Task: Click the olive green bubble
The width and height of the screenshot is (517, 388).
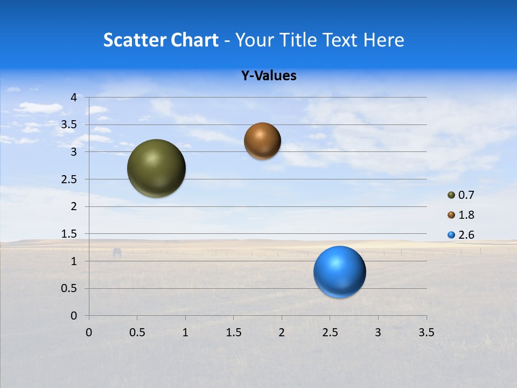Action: coord(157,168)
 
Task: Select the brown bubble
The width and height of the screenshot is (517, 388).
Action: coord(262,141)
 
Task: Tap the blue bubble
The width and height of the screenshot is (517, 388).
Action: coord(340,272)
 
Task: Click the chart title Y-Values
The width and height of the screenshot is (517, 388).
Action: coord(269,76)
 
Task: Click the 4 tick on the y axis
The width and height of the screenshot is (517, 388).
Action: coord(74,98)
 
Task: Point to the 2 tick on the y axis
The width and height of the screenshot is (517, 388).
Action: coord(74,206)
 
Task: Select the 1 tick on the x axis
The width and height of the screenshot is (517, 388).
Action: coord(185,332)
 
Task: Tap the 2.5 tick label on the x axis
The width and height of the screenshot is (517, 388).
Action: coord(330,332)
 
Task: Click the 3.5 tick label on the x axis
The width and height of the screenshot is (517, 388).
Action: coord(426,332)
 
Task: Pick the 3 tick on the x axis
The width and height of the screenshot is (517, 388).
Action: coord(378,332)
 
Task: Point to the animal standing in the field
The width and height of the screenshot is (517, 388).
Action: coord(117,252)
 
